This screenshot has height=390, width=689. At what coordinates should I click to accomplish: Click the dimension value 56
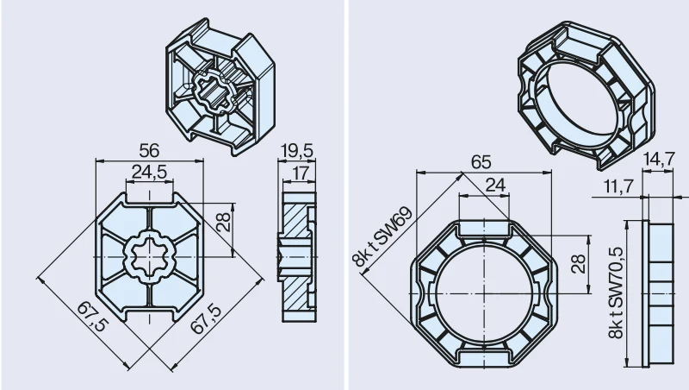coord(149,151)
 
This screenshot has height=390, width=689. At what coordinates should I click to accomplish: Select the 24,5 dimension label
coord(149,172)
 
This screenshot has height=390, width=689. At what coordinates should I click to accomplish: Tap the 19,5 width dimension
coord(297,151)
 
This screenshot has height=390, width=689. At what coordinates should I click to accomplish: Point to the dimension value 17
coord(301,173)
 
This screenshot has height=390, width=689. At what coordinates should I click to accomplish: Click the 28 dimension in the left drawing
coord(224,223)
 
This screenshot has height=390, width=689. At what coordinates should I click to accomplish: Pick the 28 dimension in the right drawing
coord(580,264)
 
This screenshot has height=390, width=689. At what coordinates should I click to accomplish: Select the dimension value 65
coord(481,162)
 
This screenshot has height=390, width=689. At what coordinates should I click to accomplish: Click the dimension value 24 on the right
coord(495,186)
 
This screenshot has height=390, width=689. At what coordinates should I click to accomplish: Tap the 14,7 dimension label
coord(658,159)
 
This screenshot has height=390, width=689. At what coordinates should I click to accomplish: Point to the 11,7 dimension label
coord(618,186)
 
